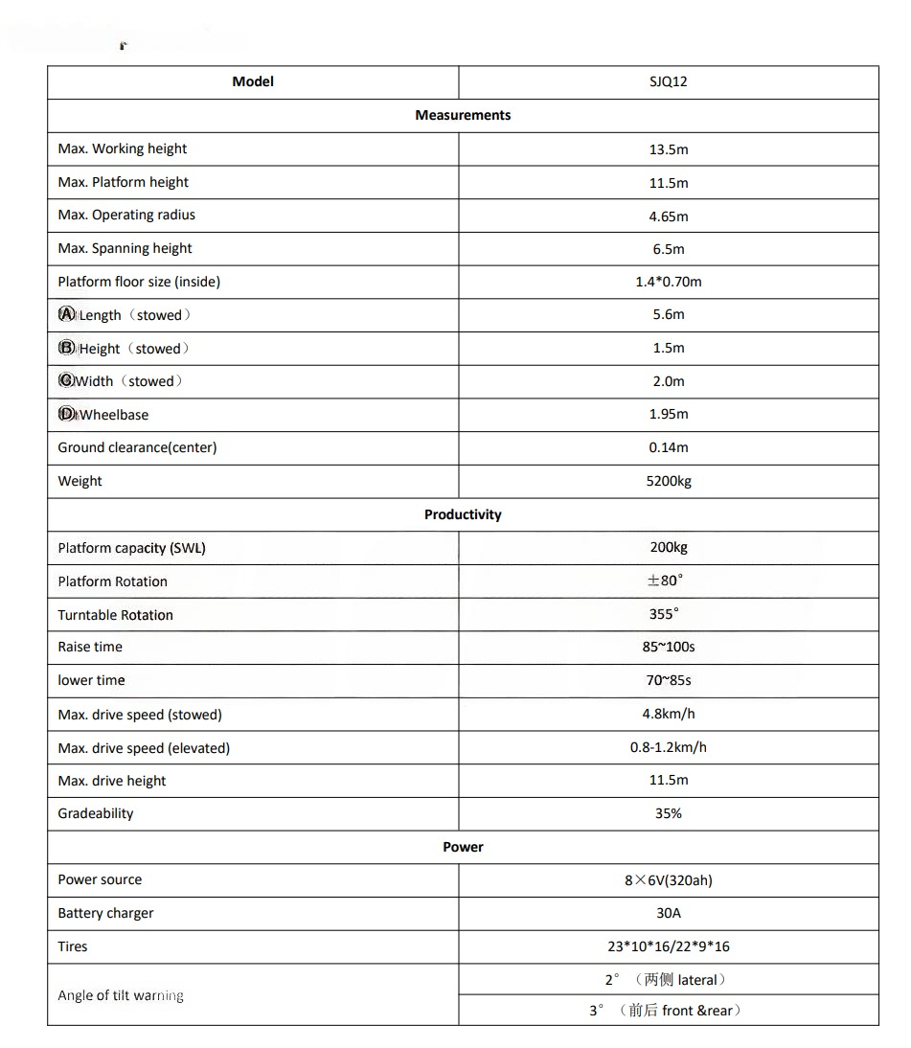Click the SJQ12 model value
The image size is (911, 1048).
tap(668, 82)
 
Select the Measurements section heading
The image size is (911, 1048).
tap(463, 115)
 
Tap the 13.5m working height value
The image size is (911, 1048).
tap(668, 149)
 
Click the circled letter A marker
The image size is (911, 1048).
tap(66, 314)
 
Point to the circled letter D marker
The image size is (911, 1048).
tap(66, 414)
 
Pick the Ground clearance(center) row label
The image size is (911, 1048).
tap(137, 447)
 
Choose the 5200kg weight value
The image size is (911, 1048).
tap(668, 481)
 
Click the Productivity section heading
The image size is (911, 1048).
tap(463, 514)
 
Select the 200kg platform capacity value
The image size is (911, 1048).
tap(668, 547)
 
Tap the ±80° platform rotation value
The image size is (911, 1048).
tap(666, 581)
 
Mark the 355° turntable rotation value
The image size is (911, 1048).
tap(664, 614)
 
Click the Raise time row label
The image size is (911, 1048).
tap(90, 647)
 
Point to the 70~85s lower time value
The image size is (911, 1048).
tap(668, 680)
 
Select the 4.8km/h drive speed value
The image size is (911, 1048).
tap(668, 714)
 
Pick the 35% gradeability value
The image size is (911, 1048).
tap(668, 813)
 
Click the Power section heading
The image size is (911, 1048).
tap(463, 847)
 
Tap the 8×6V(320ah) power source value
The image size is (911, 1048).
tap(668, 880)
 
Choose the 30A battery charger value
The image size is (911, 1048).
tap(668, 913)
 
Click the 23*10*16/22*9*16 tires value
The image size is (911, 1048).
tap(668, 946)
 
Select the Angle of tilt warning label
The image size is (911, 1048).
tap(121, 995)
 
